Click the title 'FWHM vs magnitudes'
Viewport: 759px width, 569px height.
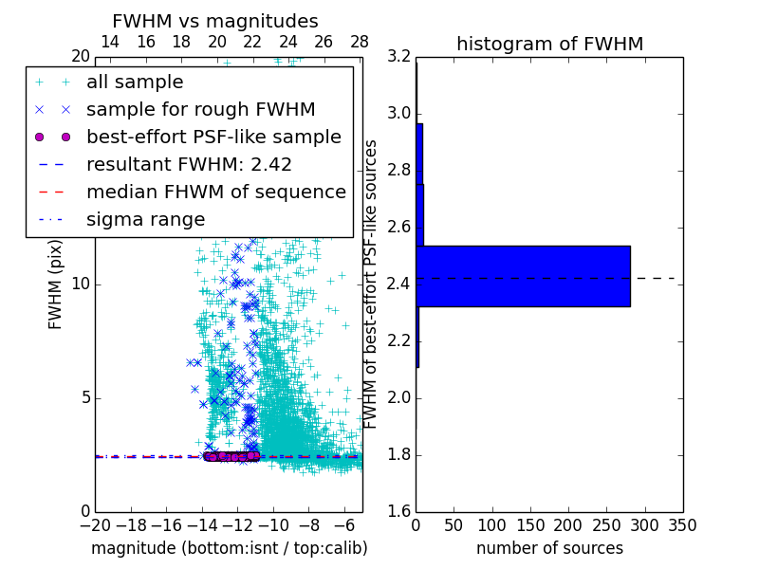click(215, 21)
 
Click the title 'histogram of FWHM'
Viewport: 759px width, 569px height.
click(549, 44)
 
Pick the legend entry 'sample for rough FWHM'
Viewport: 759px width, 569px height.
click(200, 110)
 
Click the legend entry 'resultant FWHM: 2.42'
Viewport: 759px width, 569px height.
click(189, 164)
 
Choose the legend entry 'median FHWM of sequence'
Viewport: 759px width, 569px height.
click(215, 192)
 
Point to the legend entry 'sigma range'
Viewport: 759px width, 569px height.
click(145, 219)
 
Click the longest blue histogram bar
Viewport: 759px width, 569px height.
click(523, 276)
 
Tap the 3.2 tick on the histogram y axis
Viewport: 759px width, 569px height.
click(398, 57)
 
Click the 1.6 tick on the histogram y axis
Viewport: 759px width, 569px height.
click(398, 512)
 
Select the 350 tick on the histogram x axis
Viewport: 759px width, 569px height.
click(683, 524)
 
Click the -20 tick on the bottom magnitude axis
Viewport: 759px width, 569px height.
click(95, 524)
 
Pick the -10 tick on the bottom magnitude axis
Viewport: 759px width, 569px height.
click(273, 524)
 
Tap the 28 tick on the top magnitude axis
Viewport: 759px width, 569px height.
click(360, 42)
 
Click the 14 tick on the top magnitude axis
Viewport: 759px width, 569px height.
click(110, 42)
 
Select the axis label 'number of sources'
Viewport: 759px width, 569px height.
click(549, 548)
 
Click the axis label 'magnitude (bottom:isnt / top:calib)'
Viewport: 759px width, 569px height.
click(229, 548)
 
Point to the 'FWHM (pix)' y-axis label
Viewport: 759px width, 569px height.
click(56, 284)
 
